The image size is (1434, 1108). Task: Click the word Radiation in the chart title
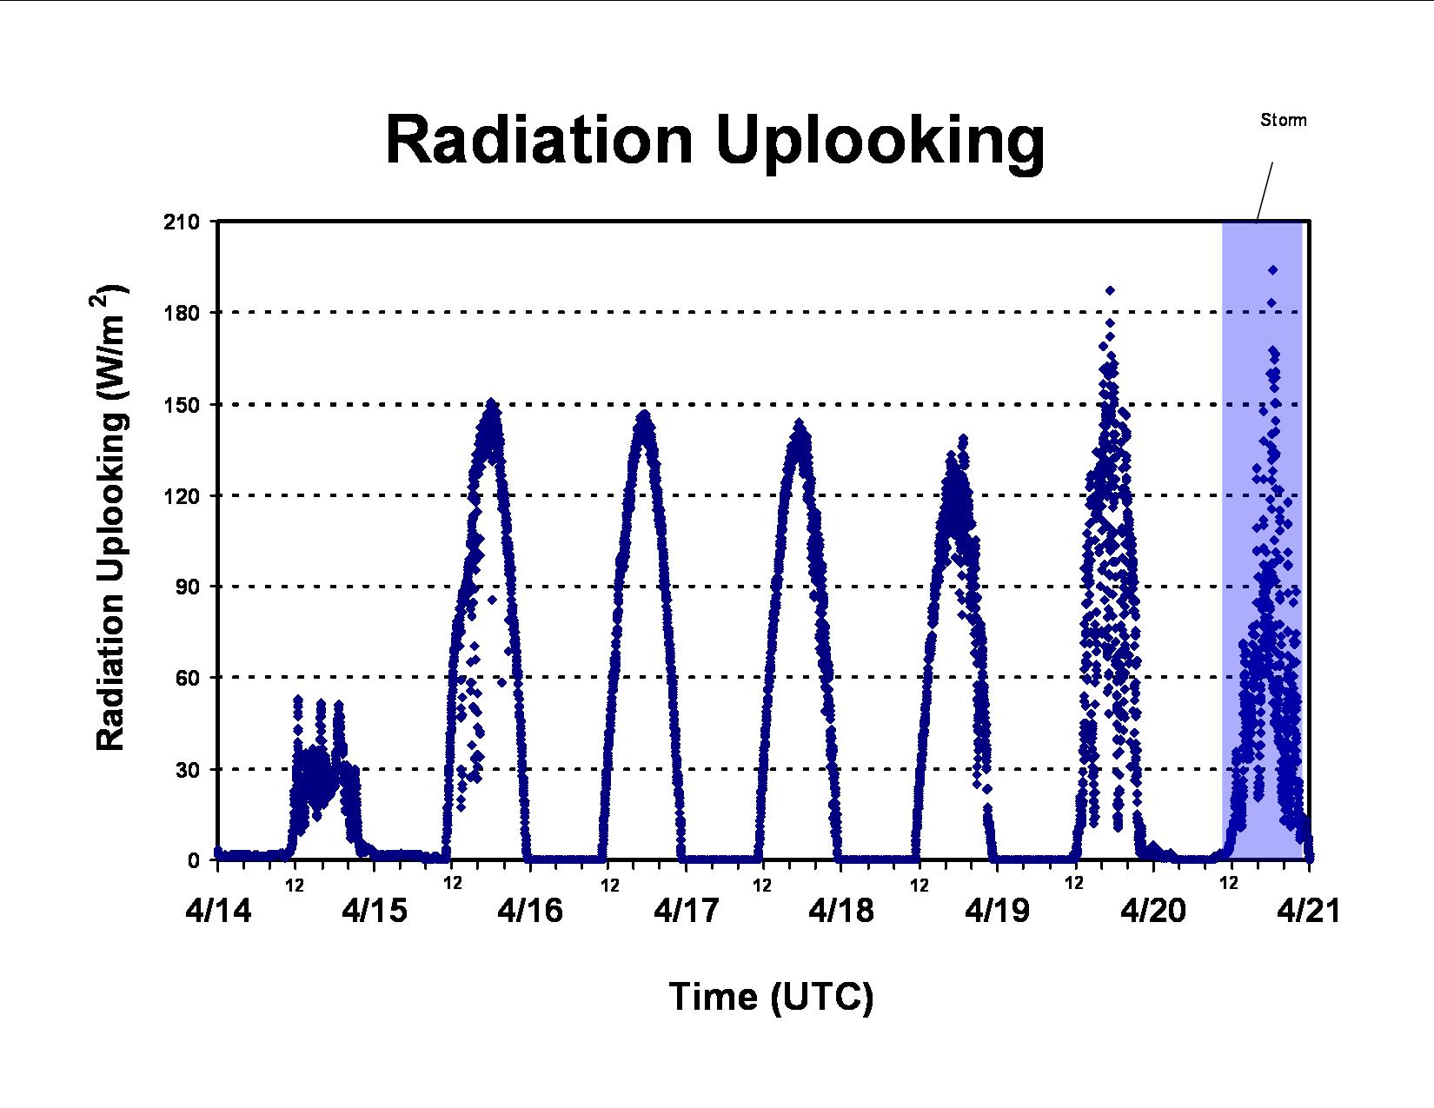tap(539, 141)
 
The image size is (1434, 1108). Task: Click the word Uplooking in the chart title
tap(880, 145)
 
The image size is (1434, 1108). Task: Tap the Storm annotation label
tap(1283, 120)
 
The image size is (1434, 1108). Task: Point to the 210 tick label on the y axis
tap(182, 222)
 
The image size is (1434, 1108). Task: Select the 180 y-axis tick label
tap(182, 313)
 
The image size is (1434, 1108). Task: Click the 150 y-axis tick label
tap(182, 405)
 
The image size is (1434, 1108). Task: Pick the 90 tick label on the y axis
tap(186, 587)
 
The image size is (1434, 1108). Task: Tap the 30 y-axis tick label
tap(186, 769)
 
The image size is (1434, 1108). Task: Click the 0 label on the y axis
tap(193, 860)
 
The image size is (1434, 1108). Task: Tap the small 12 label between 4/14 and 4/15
tap(295, 886)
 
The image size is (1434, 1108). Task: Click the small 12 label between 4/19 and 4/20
tap(1074, 883)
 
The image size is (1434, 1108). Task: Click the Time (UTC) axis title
tap(772, 997)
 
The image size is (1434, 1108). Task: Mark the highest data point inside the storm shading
tap(1273, 270)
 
